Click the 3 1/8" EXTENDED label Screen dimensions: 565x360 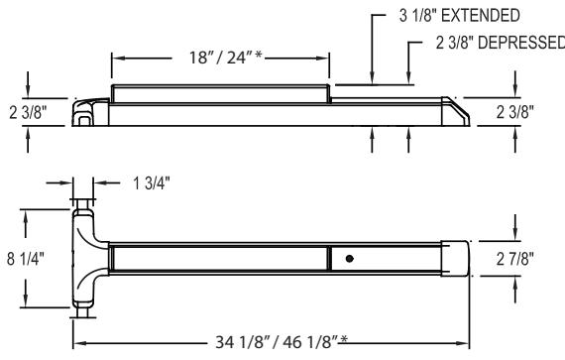tap(459, 16)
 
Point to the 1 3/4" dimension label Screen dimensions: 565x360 tap(152, 183)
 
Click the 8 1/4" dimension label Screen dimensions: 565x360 tap(26, 259)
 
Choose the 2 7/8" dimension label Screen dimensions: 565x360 tap(515, 259)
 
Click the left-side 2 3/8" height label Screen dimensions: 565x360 tap(28, 112)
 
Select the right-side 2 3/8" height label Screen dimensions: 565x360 tap(515, 112)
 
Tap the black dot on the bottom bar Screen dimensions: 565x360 tap(349, 259)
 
